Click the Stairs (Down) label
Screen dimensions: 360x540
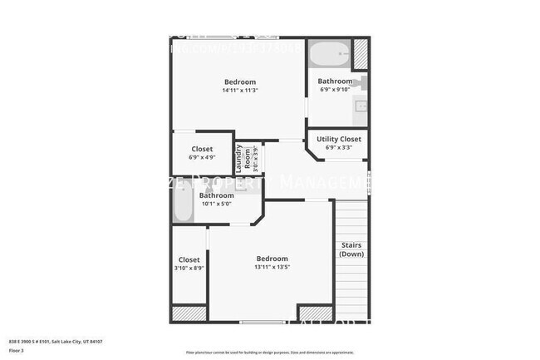(x=351, y=249)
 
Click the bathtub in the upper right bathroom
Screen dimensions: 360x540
(x=329, y=56)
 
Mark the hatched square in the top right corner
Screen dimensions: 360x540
(x=361, y=53)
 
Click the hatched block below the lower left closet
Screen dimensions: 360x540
(x=189, y=313)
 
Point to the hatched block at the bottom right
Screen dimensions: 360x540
(x=351, y=313)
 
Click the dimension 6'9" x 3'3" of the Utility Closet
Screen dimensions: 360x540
(x=339, y=147)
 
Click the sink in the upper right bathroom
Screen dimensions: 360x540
(x=361, y=106)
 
